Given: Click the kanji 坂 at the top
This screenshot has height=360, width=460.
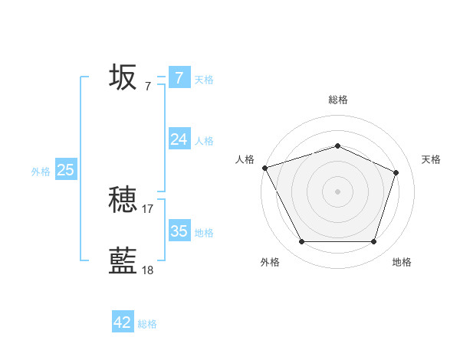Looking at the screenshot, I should click(x=123, y=77).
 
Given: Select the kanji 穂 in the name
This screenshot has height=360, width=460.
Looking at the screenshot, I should click(x=123, y=200).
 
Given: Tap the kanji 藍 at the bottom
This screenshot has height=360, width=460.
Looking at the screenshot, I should click(x=123, y=261).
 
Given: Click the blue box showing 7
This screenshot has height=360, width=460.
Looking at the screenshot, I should click(x=179, y=77).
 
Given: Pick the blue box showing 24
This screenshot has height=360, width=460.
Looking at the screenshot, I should click(x=179, y=139).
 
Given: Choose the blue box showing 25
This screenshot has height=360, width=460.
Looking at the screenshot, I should click(x=65, y=170).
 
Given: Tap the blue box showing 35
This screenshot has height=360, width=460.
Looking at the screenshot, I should click(x=179, y=231).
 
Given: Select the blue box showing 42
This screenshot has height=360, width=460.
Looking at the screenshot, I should click(x=123, y=322).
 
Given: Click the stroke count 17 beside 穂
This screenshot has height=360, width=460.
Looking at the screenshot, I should click(x=148, y=208).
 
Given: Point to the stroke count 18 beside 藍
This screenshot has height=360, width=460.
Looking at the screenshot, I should click(x=148, y=270).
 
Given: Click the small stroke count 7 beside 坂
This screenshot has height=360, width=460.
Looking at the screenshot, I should click(x=148, y=87).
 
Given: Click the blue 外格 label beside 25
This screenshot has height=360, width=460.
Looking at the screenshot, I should click(x=41, y=172).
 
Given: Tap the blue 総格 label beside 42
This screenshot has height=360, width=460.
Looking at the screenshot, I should click(x=147, y=324).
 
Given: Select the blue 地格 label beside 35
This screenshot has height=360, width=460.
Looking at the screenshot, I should click(x=204, y=232).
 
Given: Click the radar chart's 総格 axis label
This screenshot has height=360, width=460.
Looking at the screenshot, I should click(x=337, y=100).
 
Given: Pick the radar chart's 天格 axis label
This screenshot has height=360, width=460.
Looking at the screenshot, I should click(x=431, y=159).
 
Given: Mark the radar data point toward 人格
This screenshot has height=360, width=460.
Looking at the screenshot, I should click(x=264, y=168).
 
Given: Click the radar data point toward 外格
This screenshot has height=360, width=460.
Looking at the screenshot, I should click(x=301, y=242).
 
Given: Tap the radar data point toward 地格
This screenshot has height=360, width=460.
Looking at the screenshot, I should click(x=373, y=242).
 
